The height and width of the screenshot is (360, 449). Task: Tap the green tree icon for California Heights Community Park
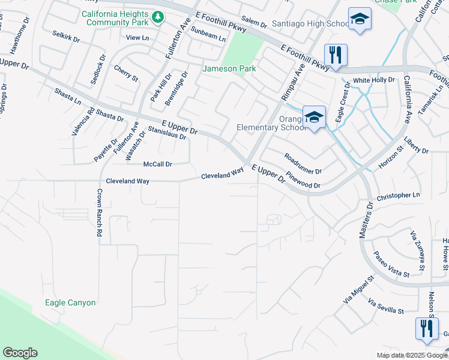(x=158, y=17)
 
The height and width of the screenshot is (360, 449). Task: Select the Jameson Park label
(x=229, y=68)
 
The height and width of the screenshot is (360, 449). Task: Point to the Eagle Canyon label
(x=70, y=303)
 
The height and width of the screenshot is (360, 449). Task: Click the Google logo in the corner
(x=20, y=353)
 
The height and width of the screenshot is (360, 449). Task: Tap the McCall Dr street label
(x=158, y=164)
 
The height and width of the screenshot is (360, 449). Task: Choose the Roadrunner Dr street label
(x=303, y=163)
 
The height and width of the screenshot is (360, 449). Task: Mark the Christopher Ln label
(x=398, y=196)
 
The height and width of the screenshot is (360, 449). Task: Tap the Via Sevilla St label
(x=386, y=307)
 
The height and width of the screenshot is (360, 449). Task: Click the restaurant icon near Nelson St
(x=427, y=329)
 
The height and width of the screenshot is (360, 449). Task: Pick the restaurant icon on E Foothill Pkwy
(x=336, y=56)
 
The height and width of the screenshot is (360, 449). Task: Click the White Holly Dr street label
(x=373, y=80)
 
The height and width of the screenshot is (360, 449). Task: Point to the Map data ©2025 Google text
(x=411, y=355)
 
